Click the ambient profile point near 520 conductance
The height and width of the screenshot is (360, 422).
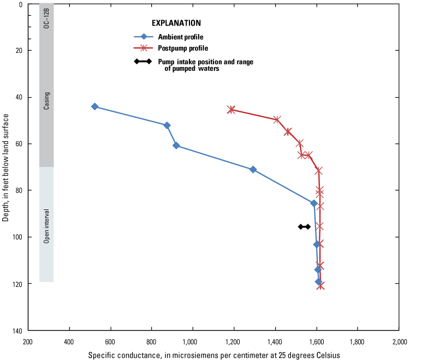(94, 106)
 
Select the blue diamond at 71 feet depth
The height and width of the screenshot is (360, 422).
(253, 170)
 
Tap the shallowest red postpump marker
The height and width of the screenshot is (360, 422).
(231, 110)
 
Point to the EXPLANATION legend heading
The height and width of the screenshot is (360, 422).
(176, 23)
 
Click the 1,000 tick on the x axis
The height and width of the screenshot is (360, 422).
(192, 342)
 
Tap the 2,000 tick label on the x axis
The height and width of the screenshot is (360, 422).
(399, 342)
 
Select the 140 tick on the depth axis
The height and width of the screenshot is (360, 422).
(16, 331)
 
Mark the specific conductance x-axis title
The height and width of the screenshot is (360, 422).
(214, 355)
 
